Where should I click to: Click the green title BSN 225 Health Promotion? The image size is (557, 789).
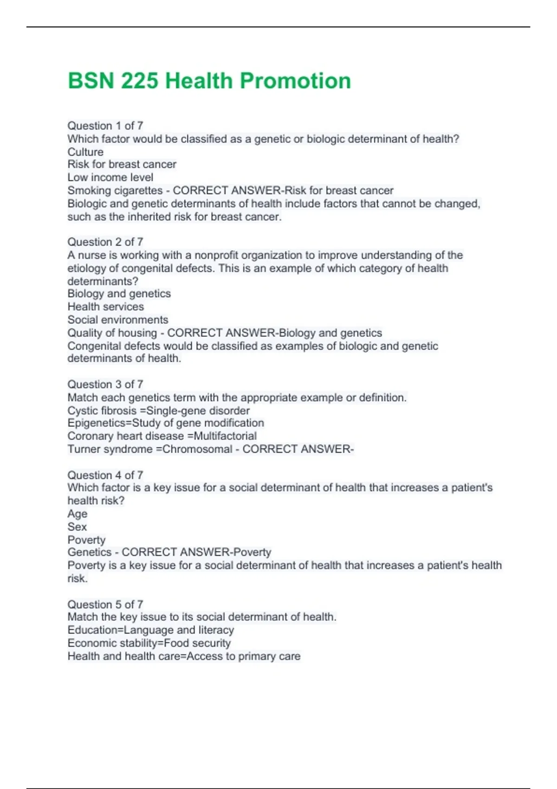point(209,81)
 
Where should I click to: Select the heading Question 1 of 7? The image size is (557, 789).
point(105,126)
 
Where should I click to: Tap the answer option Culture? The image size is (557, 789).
point(85,152)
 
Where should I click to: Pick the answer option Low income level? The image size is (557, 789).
point(110,177)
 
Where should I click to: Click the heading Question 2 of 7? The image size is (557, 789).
point(105,242)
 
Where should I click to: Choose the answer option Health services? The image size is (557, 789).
point(106,307)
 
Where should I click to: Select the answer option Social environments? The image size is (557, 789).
point(118,320)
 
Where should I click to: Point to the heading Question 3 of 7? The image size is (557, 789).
point(105,384)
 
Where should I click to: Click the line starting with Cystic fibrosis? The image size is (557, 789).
point(159,411)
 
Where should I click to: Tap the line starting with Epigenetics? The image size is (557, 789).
point(166,423)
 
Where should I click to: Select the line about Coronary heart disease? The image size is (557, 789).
point(162,436)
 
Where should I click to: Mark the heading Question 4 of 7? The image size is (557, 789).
point(105,475)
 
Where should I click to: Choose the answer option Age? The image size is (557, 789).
point(78,514)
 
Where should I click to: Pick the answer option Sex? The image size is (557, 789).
point(77,527)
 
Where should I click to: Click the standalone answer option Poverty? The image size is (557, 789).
point(87,540)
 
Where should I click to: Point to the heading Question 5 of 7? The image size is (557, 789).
point(105,604)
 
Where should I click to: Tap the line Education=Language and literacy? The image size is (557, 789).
point(151,630)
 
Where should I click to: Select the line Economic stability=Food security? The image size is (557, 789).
point(149,643)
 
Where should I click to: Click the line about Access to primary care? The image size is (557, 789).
point(184,656)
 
